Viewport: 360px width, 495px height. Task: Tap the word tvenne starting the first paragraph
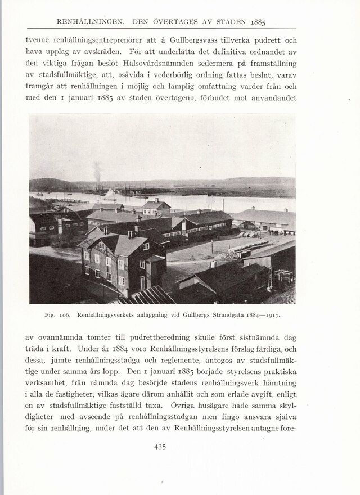pyautogui.click(x=39, y=41)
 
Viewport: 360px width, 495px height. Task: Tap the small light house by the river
pyautogui.click(x=156, y=206)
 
